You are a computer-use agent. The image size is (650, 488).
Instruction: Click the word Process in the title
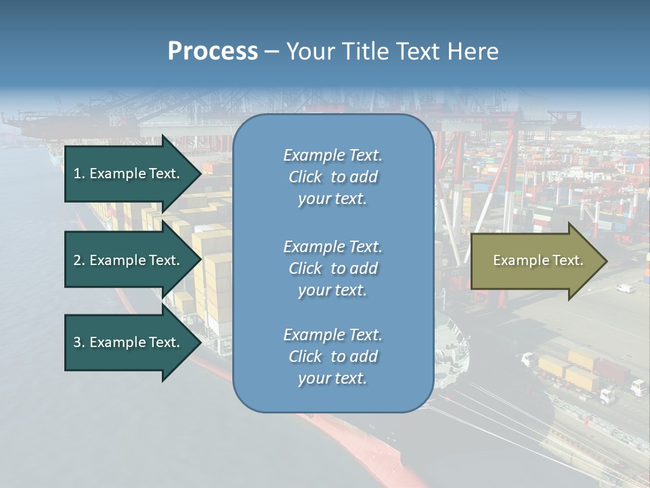[x=213, y=52]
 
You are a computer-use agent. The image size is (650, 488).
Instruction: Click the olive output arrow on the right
[x=532, y=260]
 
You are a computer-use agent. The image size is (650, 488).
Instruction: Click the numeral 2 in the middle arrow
[x=77, y=260]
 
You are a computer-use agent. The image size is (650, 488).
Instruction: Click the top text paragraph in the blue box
[x=332, y=177]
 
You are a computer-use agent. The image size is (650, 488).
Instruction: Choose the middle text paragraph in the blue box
[x=332, y=268]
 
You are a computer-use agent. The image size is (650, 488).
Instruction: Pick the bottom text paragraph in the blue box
[x=332, y=357]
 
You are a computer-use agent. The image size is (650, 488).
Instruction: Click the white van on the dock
[x=624, y=289]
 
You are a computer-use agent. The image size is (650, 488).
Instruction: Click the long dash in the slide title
[x=272, y=52]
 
